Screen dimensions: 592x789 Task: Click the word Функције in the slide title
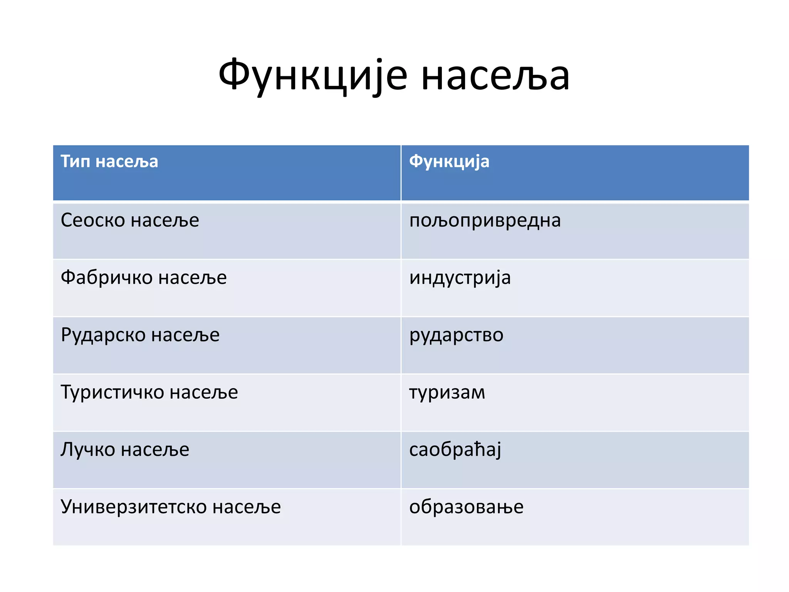click(x=312, y=76)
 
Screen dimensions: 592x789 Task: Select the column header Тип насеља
click(x=109, y=161)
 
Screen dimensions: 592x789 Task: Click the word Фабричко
click(x=106, y=277)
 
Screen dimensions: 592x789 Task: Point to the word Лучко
click(x=87, y=450)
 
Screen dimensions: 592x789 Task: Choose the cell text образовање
click(x=466, y=507)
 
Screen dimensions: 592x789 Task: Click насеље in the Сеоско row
click(x=165, y=220)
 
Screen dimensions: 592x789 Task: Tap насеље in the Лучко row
click(x=155, y=450)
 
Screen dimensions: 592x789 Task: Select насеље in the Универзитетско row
click(x=247, y=507)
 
